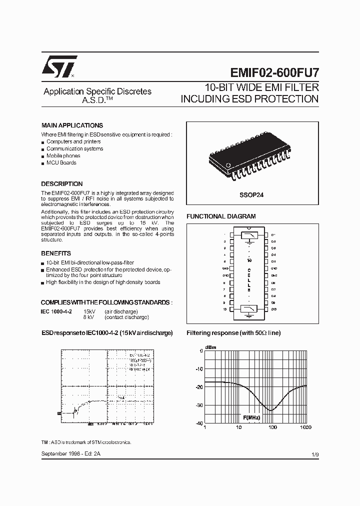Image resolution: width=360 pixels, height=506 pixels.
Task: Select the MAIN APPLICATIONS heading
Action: click(x=72, y=125)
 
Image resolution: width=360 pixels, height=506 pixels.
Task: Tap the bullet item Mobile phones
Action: click(x=63, y=155)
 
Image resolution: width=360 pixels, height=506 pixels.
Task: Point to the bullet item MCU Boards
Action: click(x=61, y=162)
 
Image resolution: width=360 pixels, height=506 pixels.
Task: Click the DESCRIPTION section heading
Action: click(x=61, y=184)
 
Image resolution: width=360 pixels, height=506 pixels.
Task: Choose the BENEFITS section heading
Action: click(x=56, y=253)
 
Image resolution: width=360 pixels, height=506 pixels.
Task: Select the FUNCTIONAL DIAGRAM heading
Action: click(x=221, y=216)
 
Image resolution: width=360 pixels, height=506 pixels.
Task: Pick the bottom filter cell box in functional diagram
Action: click(x=249, y=309)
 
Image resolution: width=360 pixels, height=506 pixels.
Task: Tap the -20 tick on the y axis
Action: click(x=198, y=387)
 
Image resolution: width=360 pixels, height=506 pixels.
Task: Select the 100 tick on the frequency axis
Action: click(x=272, y=427)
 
